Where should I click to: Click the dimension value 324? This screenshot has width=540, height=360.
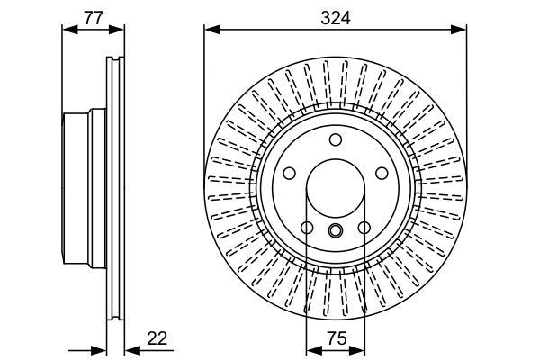tap(335, 14)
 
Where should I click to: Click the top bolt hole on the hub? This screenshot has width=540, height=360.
tap(336, 139)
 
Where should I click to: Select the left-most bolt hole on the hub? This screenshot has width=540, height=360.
tap(290, 174)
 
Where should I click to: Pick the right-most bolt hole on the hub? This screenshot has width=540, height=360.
tap(382, 174)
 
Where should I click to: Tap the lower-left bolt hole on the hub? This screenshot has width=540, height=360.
tap(307, 228)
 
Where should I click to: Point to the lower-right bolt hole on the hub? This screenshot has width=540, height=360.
tap(364, 228)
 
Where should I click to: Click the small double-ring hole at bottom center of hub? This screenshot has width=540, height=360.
tap(336, 231)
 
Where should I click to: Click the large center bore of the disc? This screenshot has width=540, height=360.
tap(336, 188)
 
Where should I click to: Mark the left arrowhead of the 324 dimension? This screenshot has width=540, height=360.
tap(211, 30)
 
